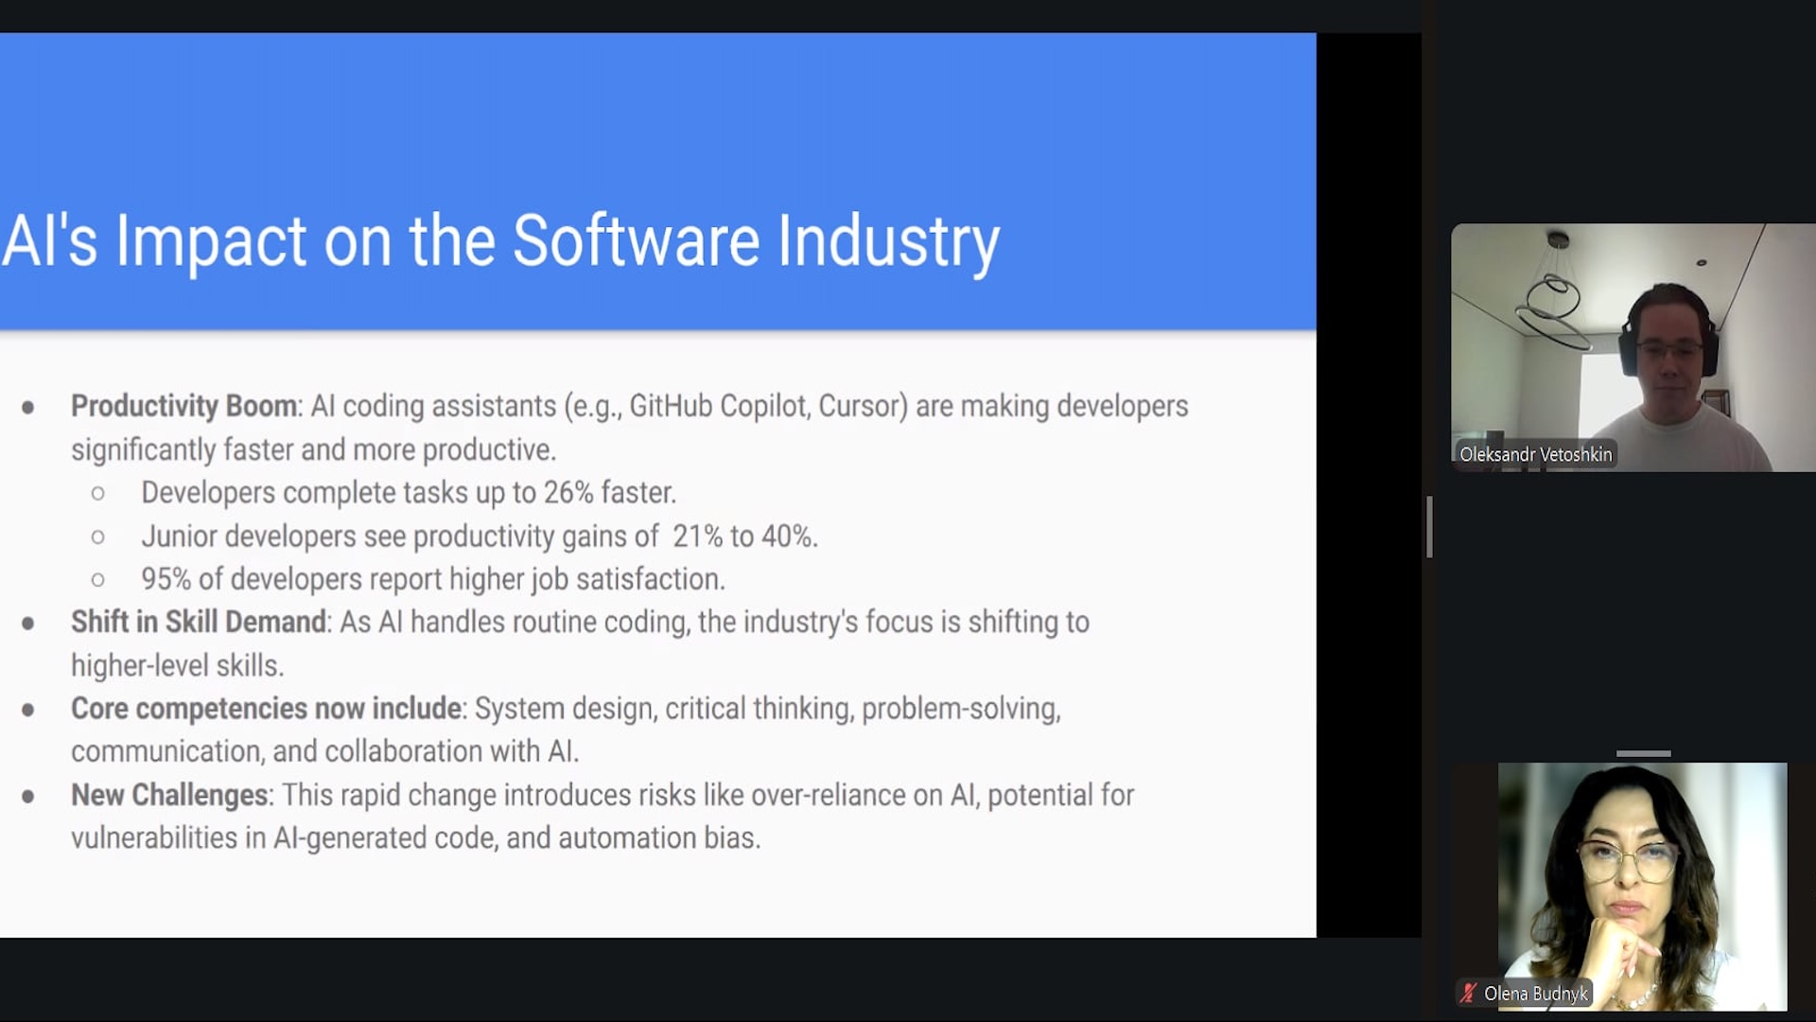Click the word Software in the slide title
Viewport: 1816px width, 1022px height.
636,240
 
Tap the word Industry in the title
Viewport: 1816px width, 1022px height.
889,243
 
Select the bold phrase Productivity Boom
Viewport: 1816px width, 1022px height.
184,406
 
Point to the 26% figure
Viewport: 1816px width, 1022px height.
568,493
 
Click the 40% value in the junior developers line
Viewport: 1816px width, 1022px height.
787,537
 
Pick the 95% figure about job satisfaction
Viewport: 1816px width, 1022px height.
166,579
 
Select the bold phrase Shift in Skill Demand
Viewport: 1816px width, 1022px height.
199,622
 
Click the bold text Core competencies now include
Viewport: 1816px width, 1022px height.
266,709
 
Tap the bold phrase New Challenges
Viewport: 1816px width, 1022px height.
169,795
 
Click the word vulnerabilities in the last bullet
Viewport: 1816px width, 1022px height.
154,838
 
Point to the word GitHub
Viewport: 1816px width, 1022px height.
671,406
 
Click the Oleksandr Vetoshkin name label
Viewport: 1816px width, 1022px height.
1535,454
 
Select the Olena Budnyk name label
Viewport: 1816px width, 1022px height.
1535,994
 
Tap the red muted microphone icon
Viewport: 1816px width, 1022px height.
1468,994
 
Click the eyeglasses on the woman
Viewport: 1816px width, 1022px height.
1627,859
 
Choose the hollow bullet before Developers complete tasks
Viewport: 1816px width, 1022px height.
98,494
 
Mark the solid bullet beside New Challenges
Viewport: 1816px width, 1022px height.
28,797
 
